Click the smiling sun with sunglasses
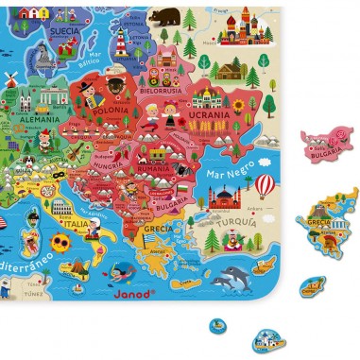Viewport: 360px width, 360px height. tap(60, 243)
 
